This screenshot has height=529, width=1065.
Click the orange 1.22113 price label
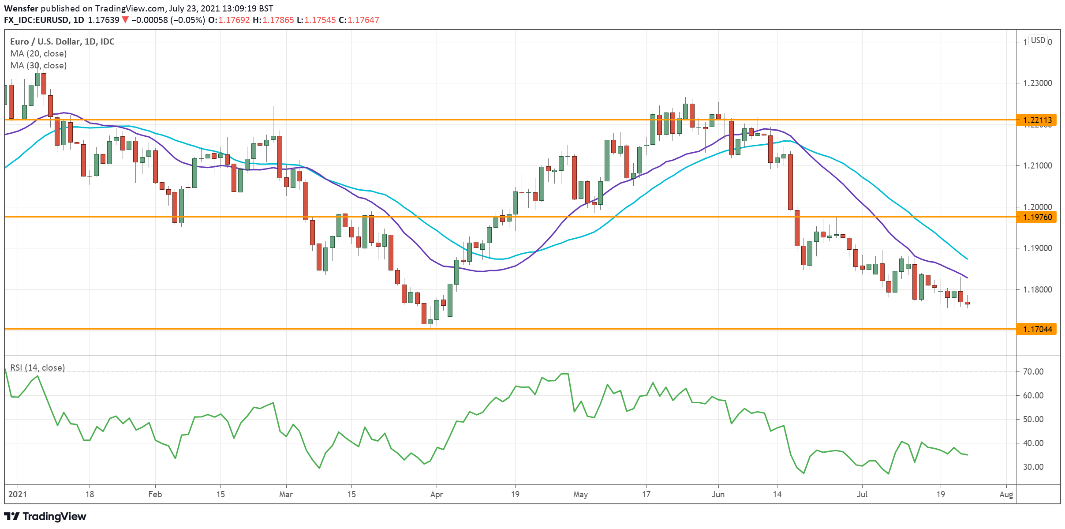(x=1037, y=120)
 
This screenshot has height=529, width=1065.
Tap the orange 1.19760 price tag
(x=1037, y=217)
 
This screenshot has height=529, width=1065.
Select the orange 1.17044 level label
(x=1037, y=329)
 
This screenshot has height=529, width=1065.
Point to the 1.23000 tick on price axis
(x=1037, y=83)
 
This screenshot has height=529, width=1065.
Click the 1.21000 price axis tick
(x=1037, y=165)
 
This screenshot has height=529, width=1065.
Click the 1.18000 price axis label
(x=1037, y=289)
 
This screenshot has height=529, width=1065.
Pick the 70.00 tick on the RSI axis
(x=1033, y=371)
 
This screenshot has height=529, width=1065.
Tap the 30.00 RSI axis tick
(x=1033, y=467)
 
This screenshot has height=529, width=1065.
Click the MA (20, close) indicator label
(x=38, y=53)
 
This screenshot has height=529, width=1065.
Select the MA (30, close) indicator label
(x=38, y=65)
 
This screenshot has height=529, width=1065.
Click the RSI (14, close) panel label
(x=37, y=368)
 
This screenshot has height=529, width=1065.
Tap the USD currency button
(x=1038, y=41)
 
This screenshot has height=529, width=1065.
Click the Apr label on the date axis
(x=436, y=494)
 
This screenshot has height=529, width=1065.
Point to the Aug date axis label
(x=1006, y=494)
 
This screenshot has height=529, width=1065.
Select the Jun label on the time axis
(x=718, y=494)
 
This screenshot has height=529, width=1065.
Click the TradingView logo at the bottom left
(x=45, y=516)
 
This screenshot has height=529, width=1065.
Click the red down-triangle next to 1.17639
(x=125, y=20)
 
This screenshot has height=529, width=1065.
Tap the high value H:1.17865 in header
(x=273, y=20)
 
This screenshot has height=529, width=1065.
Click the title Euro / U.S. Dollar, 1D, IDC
(x=62, y=41)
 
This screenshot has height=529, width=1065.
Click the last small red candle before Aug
(x=968, y=303)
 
